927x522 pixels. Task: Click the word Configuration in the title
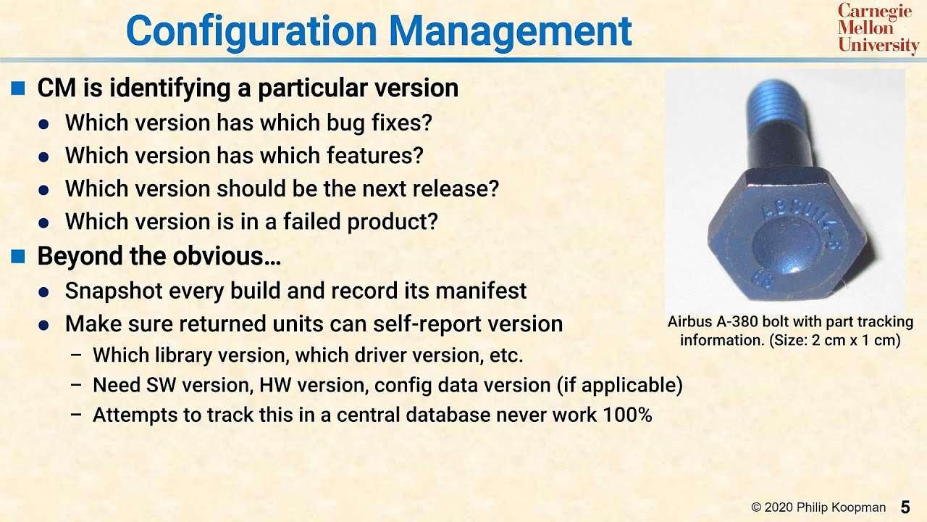251,32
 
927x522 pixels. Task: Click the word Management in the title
510,32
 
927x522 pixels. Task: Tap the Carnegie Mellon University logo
877,29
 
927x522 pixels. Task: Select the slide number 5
905,507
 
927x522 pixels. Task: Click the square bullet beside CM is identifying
18,88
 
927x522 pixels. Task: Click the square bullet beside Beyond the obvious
18,256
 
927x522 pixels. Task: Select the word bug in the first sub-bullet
349,123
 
